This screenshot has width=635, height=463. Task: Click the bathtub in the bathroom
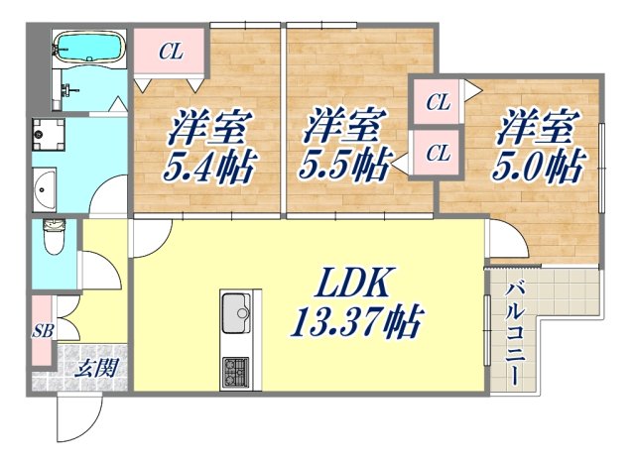click(87, 47)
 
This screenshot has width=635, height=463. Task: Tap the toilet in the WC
click(55, 237)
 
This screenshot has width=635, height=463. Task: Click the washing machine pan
click(47, 133)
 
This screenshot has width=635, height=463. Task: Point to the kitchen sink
click(238, 317)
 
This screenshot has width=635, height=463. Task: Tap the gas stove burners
click(238, 372)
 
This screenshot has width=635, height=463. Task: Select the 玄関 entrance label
click(97, 369)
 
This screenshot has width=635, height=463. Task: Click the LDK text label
click(359, 284)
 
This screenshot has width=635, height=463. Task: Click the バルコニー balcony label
click(516, 333)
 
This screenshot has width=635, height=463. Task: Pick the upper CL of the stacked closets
click(438, 100)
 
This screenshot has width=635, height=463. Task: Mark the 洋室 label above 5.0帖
click(538, 127)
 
